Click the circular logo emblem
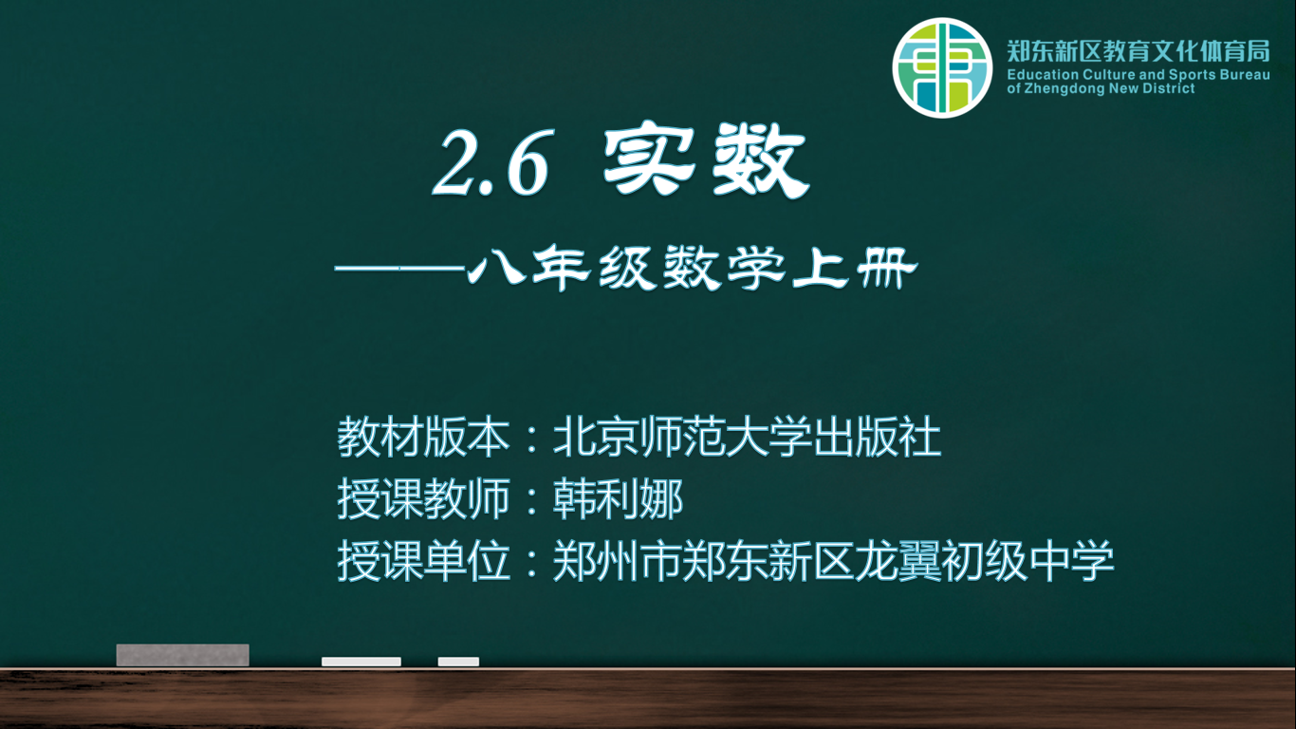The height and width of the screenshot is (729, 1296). tap(942, 67)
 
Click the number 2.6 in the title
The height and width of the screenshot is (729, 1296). tap(491, 161)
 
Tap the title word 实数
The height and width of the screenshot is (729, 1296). tap(705, 159)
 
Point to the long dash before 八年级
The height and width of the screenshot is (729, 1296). tap(399, 268)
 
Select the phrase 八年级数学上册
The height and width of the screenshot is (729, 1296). tap(693, 268)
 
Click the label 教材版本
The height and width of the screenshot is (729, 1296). tap(423, 437)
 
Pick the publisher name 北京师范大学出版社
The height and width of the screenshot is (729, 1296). tap(747, 437)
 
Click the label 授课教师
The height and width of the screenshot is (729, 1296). tap(423, 498)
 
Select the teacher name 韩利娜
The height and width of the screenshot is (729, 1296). tap(618, 498)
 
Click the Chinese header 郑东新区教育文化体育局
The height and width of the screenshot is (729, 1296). tap(1139, 51)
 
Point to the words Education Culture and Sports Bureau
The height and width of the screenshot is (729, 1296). tap(1139, 75)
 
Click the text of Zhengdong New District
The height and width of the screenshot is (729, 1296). tap(1101, 88)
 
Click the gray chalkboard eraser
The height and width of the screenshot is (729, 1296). tap(183, 655)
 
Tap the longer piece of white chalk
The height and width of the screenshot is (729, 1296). tap(361, 662)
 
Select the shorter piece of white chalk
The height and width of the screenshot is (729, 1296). tap(458, 662)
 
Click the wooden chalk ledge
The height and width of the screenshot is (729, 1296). tap(648, 699)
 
